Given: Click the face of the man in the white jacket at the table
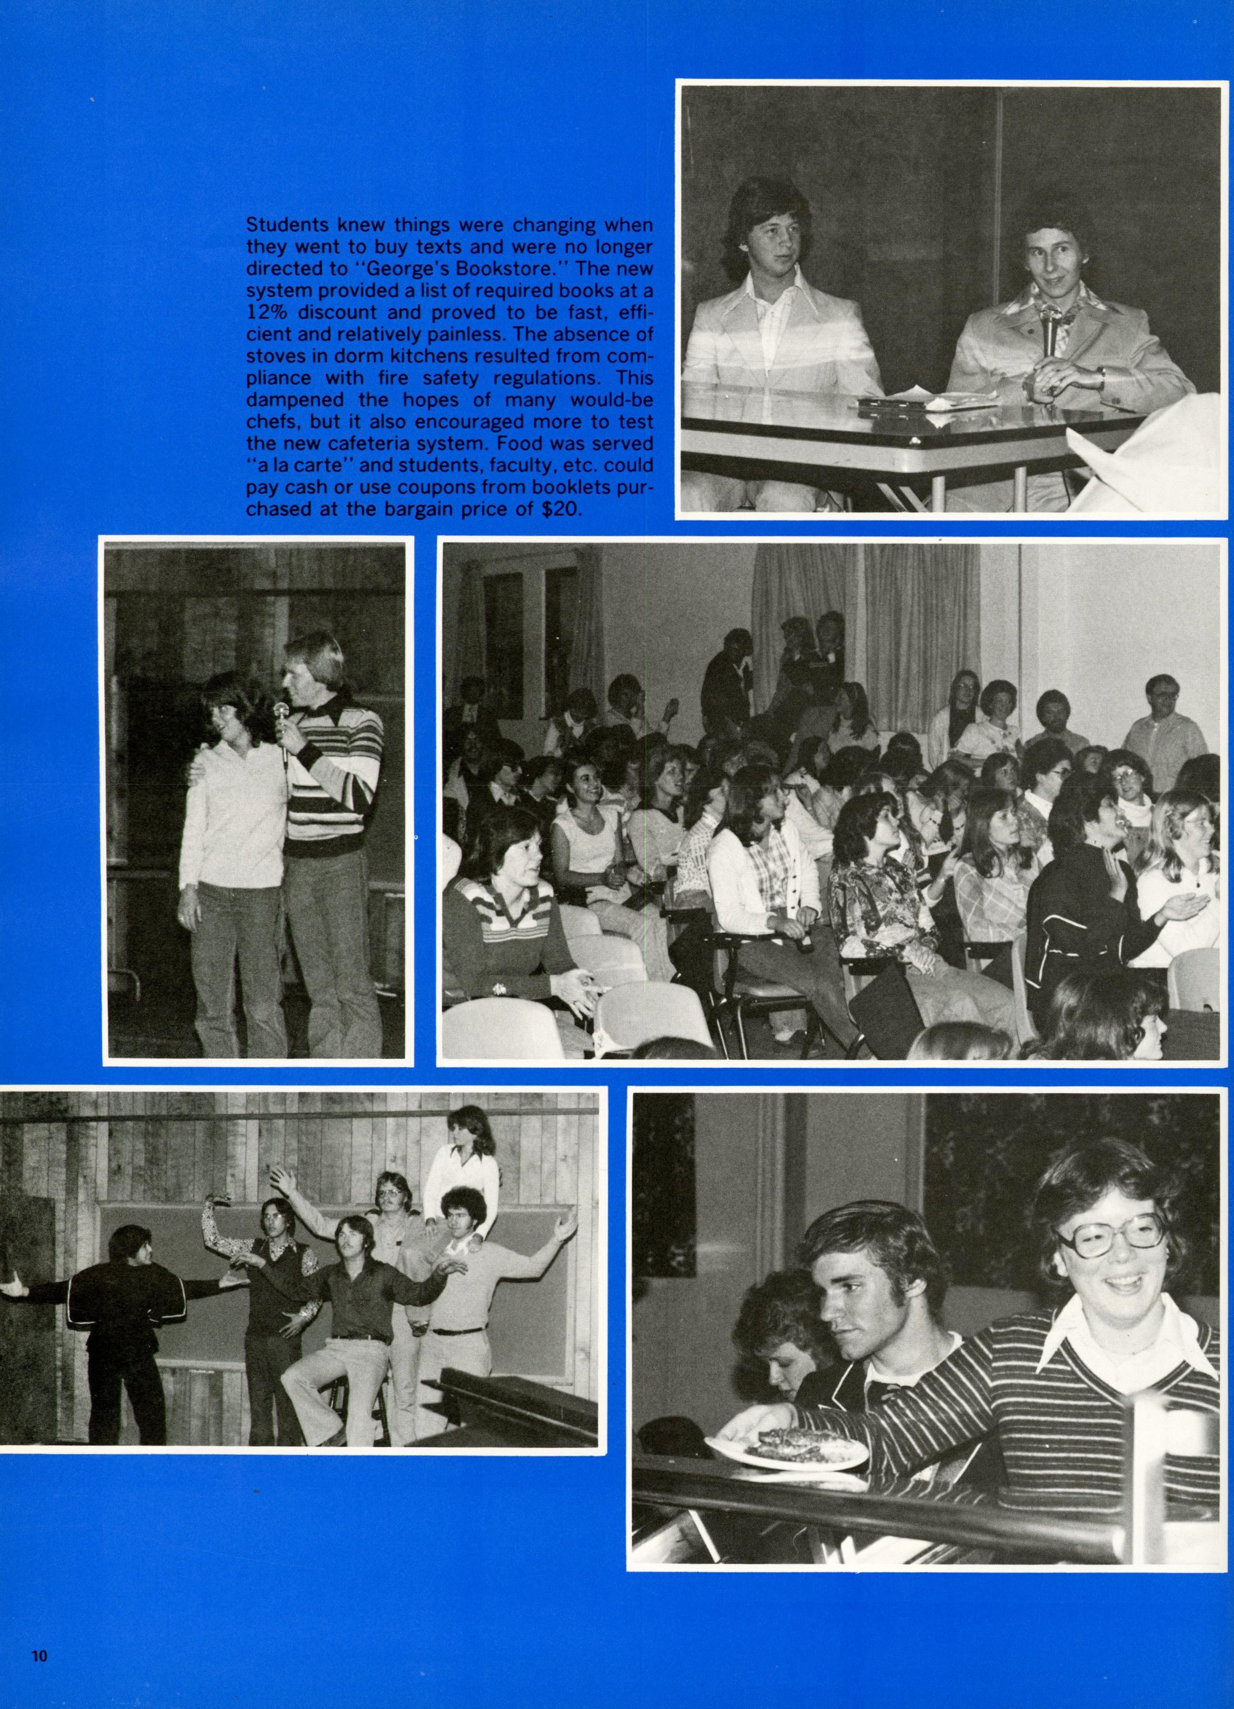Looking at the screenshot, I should point(765,249).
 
